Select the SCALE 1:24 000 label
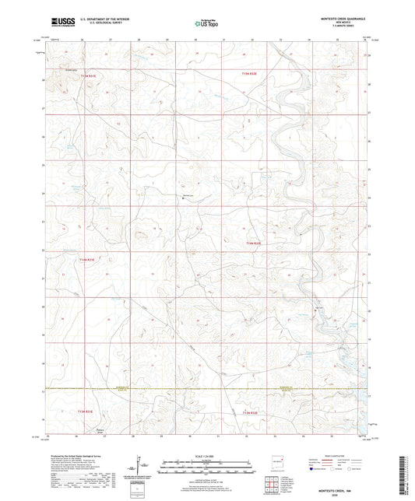point(206,456)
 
